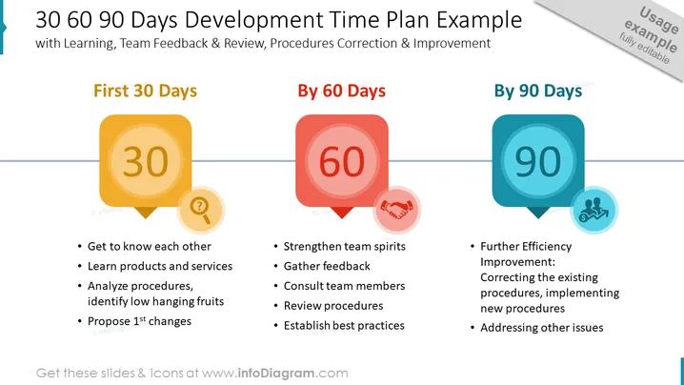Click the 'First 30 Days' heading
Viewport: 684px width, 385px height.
(145, 91)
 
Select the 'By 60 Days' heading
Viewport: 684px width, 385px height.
(342, 91)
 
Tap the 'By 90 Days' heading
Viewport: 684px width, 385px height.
(538, 91)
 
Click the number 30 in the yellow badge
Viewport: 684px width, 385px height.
(145, 161)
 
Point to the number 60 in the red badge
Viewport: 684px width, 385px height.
(342, 161)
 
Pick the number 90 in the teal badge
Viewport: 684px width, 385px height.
(538, 161)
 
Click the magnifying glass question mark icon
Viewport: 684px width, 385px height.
(200, 210)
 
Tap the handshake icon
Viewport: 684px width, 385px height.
(396, 210)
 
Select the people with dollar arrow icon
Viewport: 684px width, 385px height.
(593, 210)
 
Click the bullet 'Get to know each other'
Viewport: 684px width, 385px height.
(150, 246)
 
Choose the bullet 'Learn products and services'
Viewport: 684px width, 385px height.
(160, 266)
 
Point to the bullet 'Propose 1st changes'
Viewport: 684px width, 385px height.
(140, 321)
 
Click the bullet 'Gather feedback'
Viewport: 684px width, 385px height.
(327, 266)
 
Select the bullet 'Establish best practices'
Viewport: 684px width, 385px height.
(344, 325)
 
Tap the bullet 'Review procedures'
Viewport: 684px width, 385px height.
(333, 306)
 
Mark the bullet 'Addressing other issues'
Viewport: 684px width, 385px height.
(542, 328)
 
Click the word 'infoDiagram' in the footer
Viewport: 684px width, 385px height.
(276, 374)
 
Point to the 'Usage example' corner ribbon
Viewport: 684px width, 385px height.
(628, 31)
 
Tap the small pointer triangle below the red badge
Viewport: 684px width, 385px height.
(342, 213)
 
